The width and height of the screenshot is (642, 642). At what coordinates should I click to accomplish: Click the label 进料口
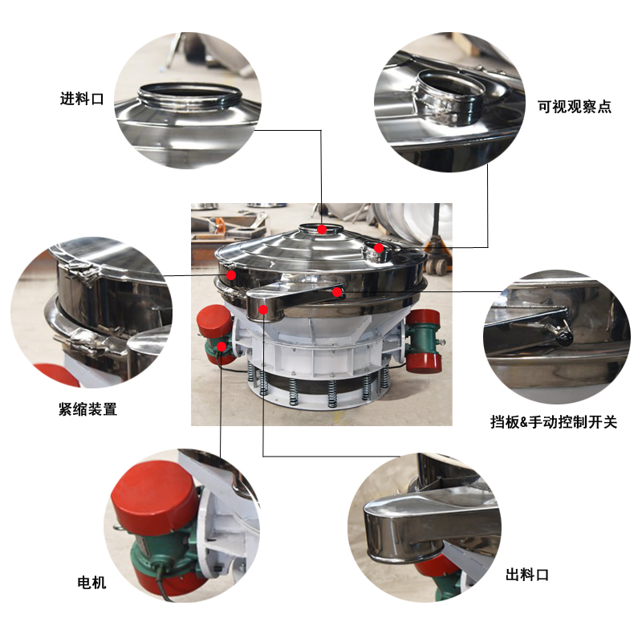pos(82,100)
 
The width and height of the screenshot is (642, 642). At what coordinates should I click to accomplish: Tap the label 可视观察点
pos(574,107)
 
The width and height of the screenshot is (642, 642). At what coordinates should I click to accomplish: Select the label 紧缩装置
pos(87,409)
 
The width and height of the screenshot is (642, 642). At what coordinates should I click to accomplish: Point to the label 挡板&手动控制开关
pos(554,422)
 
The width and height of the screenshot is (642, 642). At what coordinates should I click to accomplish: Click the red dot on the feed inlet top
pos(322,230)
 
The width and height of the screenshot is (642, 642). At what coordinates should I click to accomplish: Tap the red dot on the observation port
pos(379,249)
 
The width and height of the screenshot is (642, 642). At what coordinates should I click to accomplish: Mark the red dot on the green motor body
pos(221,347)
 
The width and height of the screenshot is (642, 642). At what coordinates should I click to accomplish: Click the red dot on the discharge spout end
pos(262,309)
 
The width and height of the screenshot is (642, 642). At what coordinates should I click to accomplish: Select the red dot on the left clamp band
pos(231,275)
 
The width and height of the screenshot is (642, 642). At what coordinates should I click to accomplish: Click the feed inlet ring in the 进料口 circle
pos(190,95)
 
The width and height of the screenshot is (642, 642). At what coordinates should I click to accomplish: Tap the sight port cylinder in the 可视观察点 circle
pos(453,95)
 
